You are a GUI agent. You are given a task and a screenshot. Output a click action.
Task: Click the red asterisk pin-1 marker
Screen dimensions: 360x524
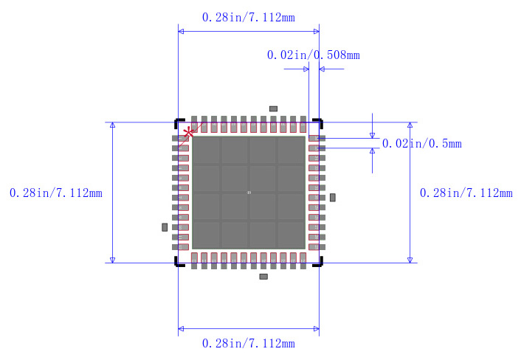coord(189,132)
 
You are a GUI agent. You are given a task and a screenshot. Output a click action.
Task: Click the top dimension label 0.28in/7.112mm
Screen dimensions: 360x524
coord(249,18)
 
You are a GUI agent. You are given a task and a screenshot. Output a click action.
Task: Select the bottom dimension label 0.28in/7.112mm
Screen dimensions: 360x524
coord(249,344)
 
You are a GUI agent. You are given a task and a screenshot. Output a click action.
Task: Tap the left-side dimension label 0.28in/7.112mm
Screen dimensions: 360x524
coord(55,193)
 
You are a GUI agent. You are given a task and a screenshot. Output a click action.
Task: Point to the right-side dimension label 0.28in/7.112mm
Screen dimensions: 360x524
coord(466,193)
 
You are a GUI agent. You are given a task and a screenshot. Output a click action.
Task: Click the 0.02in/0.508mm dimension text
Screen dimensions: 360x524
coord(313,55)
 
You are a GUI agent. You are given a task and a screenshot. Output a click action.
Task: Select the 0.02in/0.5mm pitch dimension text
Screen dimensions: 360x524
coord(421,144)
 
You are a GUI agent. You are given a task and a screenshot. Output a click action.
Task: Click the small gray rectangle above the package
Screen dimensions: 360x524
coord(273,108)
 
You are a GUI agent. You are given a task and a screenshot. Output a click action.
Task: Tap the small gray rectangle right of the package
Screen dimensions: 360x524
coord(333,198)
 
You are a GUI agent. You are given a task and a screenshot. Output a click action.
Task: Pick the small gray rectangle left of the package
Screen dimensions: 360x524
coord(165,227)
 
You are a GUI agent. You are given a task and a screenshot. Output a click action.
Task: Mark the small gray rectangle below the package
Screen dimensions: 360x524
coord(263,277)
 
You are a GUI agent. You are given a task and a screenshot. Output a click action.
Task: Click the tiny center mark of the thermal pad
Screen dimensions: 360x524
coord(249,193)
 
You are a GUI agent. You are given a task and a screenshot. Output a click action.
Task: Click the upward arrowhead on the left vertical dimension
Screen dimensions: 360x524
coord(112,125)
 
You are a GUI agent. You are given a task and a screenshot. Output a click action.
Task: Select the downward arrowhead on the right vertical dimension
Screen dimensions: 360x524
coord(410,259)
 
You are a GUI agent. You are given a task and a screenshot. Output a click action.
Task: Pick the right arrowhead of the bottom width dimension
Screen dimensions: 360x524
coord(315,328)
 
